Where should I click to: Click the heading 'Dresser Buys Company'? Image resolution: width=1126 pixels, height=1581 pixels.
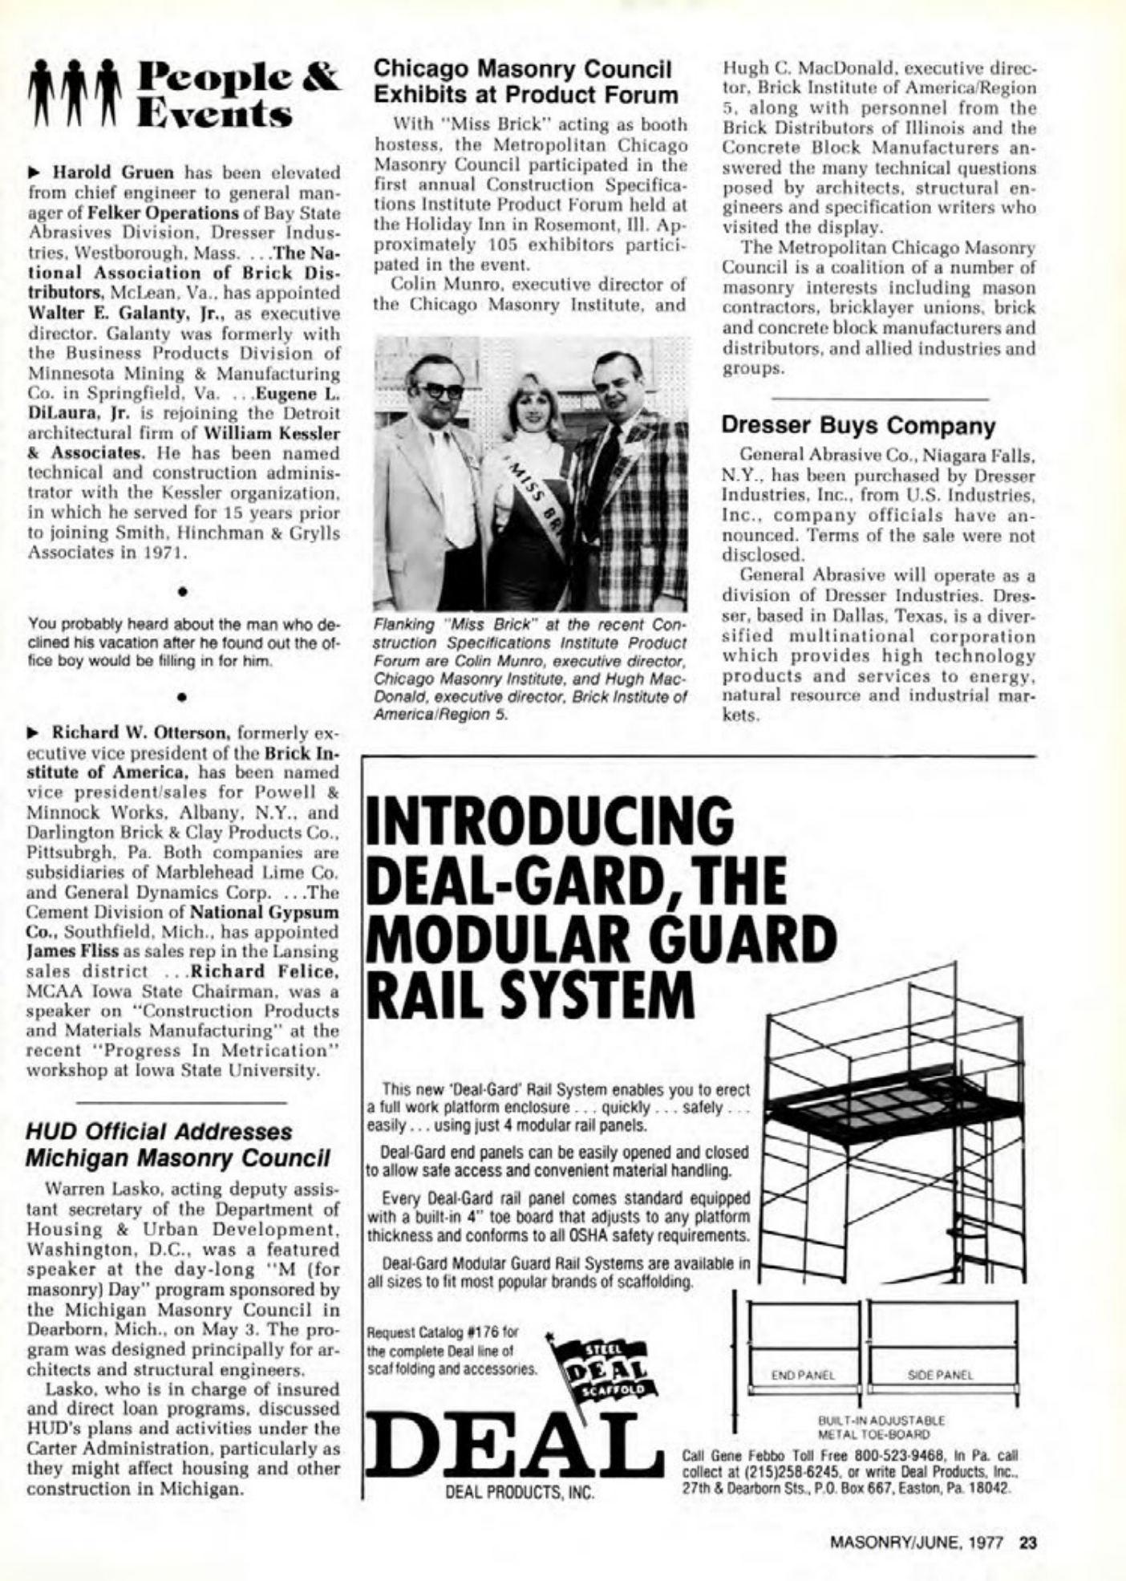tap(857, 425)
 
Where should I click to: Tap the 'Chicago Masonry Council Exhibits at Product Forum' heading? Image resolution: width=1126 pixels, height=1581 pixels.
tap(525, 81)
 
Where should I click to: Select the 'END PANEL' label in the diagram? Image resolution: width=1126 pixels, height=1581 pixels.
tap(803, 1374)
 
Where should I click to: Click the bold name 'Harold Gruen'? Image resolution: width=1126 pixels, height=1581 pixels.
tap(112, 172)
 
